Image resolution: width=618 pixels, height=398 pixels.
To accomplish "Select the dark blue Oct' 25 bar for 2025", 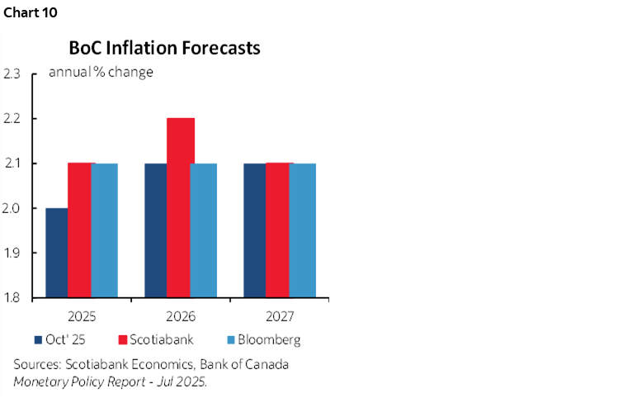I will [56, 252].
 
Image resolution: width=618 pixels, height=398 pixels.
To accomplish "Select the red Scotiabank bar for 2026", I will [180, 207].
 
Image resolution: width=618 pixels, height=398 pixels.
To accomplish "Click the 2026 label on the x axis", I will [180, 316].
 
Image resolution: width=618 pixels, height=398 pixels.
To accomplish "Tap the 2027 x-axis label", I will [279, 316].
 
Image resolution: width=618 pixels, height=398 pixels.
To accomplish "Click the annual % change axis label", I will [101, 72].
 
